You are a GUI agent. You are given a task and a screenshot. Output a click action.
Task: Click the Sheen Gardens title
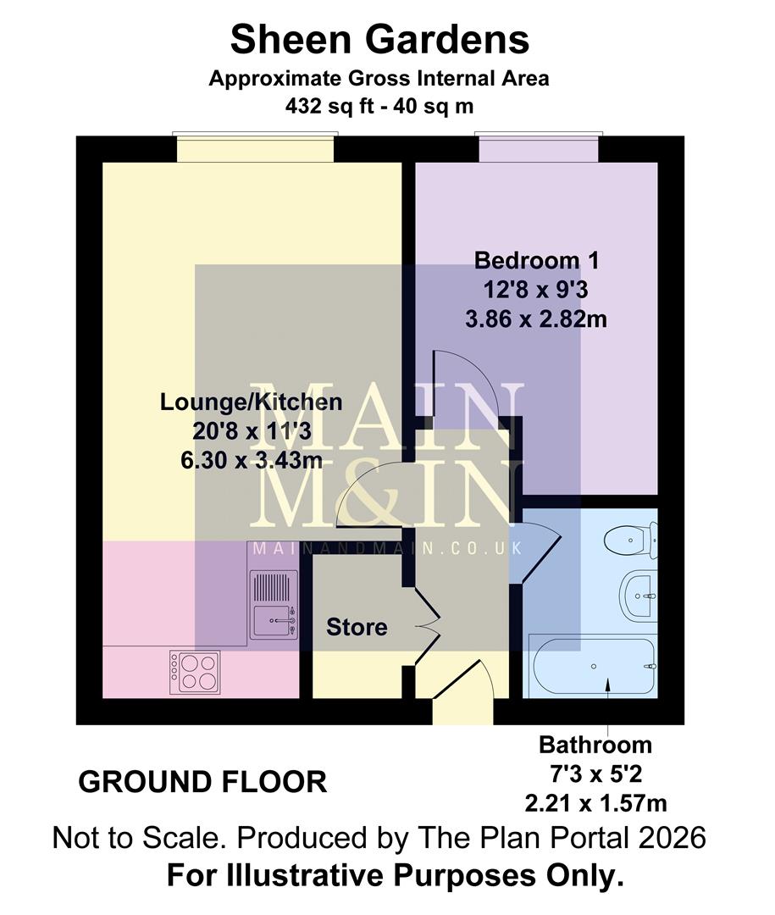(x=379, y=40)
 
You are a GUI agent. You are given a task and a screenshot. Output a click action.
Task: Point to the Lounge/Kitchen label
(x=252, y=402)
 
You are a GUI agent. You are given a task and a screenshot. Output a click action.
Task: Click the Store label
(x=357, y=627)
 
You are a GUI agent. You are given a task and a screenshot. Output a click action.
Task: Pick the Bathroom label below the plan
(x=595, y=746)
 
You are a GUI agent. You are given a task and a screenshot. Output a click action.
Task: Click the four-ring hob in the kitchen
(x=195, y=672)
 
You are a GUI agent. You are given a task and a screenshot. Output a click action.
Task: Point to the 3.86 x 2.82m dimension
(x=536, y=319)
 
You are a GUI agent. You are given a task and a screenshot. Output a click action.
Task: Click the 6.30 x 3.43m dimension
(x=252, y=461)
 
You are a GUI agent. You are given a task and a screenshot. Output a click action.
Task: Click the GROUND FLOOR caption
(x=202, y=781)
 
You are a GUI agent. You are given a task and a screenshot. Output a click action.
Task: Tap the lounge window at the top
(x=255, y=147)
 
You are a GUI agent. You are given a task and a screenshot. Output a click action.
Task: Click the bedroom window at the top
(x=539, y=147)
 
